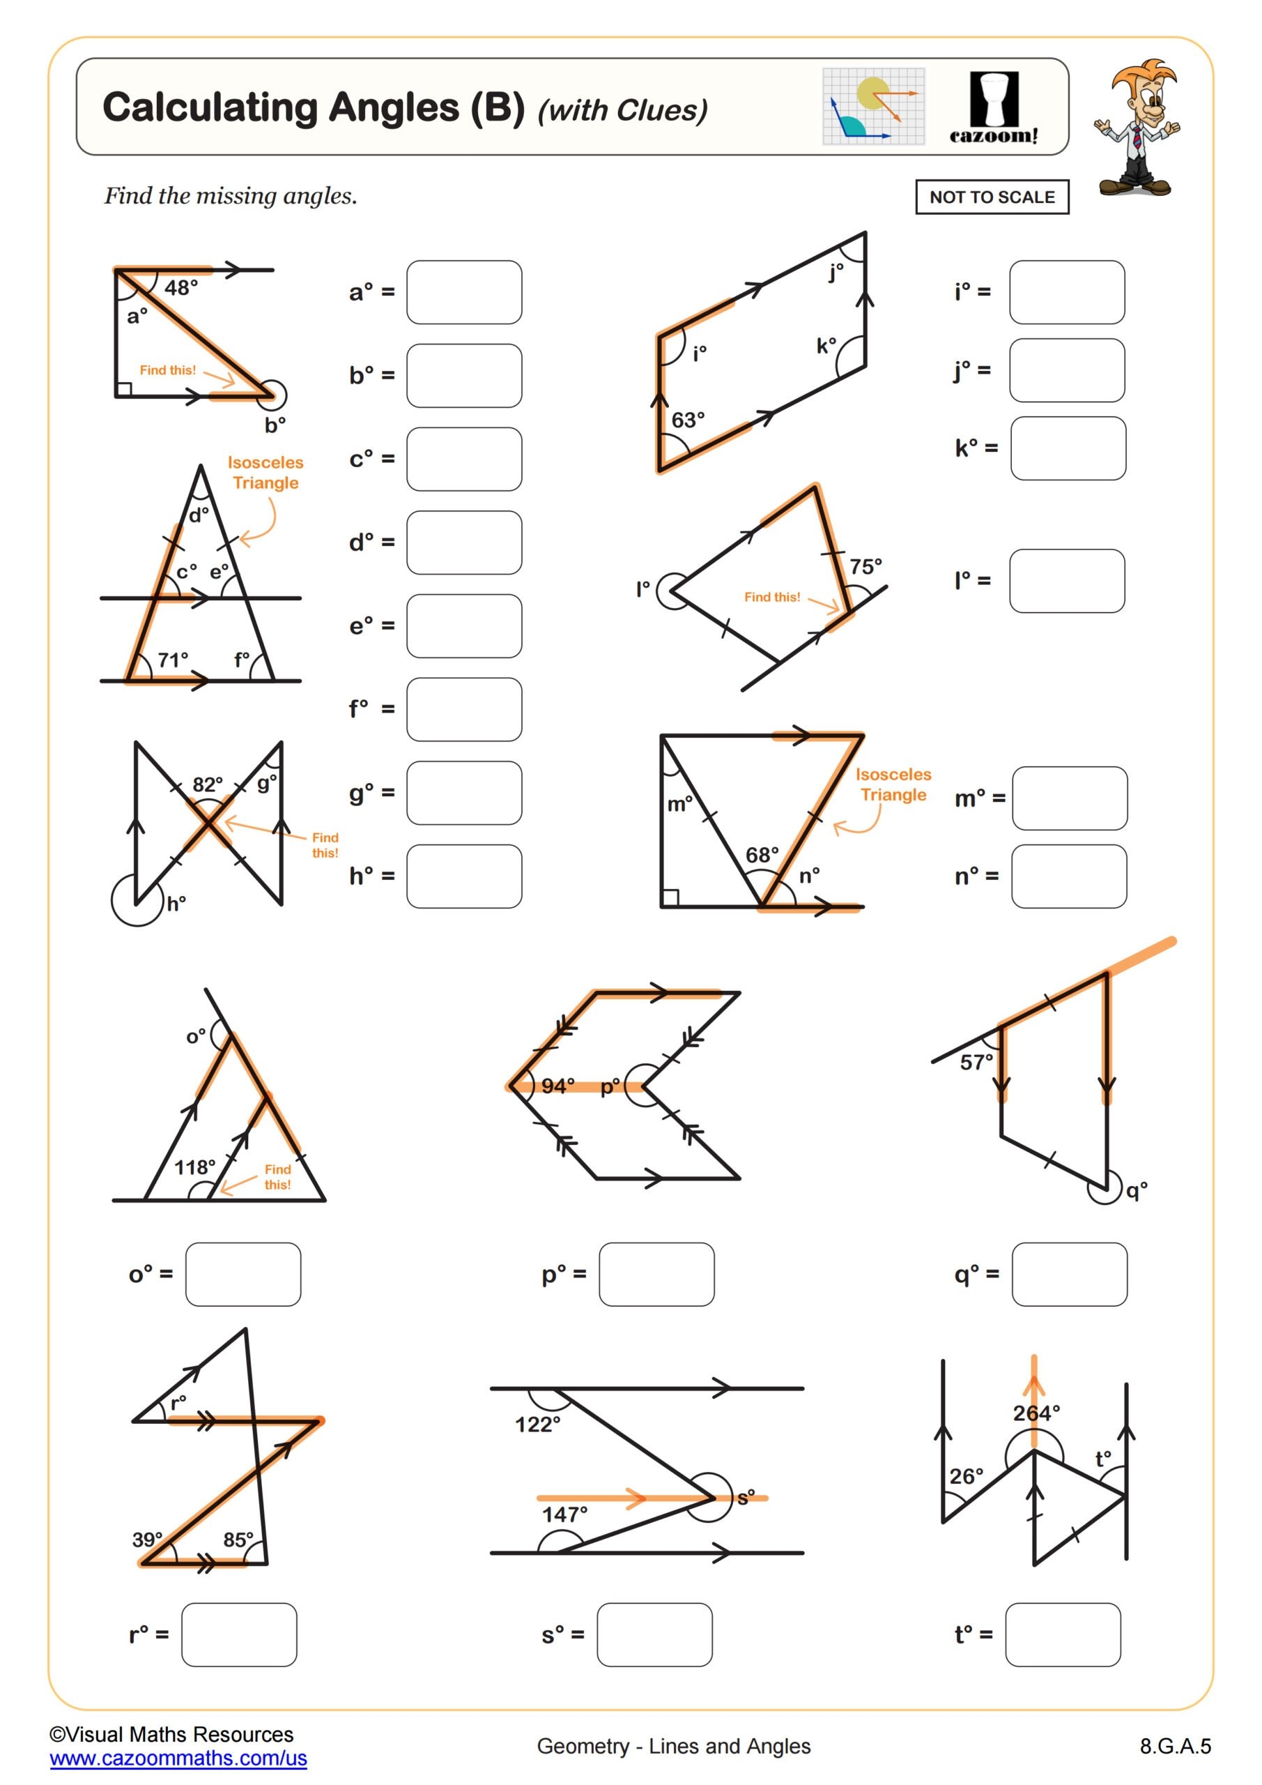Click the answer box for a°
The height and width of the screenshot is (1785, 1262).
(464, 292)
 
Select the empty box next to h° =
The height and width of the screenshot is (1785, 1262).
(464, 876)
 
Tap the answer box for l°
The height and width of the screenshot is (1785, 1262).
(1066, 581)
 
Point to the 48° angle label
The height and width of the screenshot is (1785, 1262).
(181, 289)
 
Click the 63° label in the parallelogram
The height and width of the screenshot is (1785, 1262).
(688, 420)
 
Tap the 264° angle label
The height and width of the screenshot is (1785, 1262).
(1036, 1413)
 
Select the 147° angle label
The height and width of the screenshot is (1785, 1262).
(564, 1514)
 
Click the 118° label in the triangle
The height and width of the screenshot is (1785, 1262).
(194, 1167)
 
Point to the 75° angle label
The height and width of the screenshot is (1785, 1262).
(865, 567)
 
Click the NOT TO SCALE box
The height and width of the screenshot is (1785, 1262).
(992, 197)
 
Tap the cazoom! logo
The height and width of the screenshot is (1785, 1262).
(993, 107)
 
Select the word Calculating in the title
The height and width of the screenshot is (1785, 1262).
(210, 107)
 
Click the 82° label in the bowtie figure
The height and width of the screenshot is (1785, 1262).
(208, 784)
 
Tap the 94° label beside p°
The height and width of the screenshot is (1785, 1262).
(557, 1086)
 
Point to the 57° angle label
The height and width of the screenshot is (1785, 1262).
(976, 1062)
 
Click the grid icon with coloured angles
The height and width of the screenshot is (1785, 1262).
(873, 107)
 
